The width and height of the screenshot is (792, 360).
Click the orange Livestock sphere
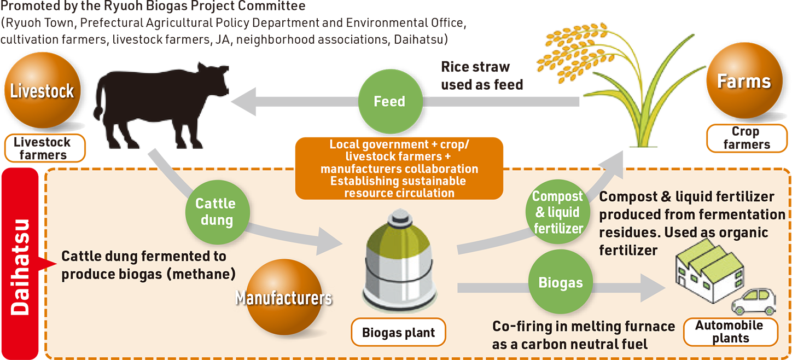pos(42,90)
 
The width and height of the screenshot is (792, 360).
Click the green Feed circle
pos(389,102)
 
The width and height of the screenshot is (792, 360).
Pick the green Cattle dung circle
pos(216,212)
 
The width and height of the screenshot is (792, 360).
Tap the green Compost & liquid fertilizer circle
pos(557,212)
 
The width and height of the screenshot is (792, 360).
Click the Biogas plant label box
pos(398,332)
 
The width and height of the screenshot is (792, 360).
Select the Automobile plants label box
pos(729,332)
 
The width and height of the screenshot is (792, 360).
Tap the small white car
pos(754,301)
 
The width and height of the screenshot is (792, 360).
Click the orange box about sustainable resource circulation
pos(399,169)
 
